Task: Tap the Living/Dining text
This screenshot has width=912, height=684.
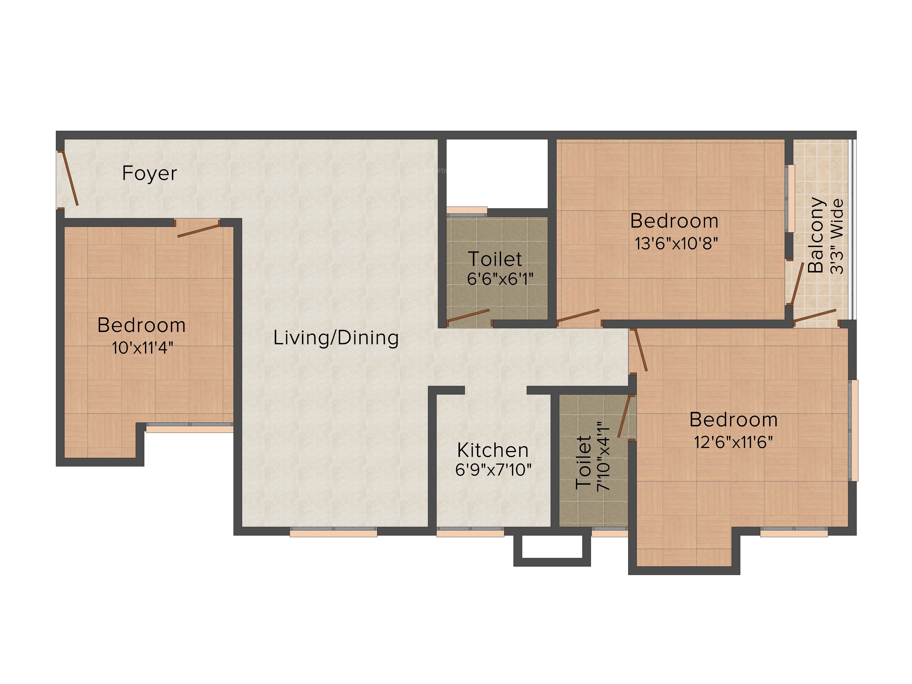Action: click(336, 338)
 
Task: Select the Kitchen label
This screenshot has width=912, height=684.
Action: click(493, 450)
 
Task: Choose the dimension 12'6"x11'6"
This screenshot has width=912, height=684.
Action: click(733, 442)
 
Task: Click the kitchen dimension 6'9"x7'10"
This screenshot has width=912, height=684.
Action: click(493, 470)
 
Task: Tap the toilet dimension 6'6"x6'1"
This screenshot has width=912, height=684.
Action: click(500, 279)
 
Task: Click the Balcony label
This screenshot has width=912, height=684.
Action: click(816, 235)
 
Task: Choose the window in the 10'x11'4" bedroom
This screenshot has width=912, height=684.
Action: click(190, 427)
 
